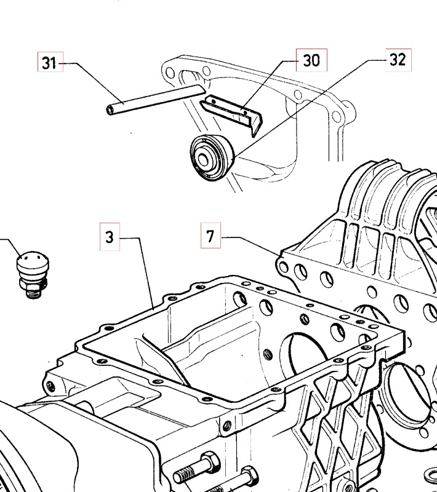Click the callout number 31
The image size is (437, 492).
(49, 63)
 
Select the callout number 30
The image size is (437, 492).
(311, 60)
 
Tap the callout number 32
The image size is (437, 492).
(398, 60)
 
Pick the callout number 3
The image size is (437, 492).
(110, 237)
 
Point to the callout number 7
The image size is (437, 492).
(210, 237)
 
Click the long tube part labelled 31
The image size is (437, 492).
(154, 99)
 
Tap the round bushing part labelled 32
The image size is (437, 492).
(212, 156)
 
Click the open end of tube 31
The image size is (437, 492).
(110, 110)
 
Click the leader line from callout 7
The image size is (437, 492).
(252, 246)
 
